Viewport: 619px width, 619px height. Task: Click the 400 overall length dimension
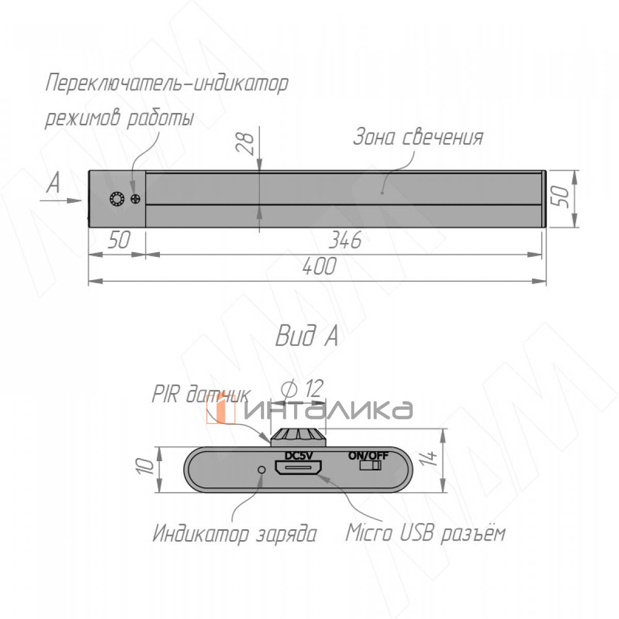coord(319,266)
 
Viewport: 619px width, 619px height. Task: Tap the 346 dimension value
coord(345,240)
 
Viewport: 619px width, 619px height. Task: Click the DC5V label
coord(299,455)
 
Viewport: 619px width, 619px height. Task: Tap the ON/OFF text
coord(368,455)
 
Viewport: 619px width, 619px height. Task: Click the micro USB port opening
coord(298,468)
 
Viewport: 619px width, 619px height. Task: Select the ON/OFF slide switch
coord(370,465)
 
